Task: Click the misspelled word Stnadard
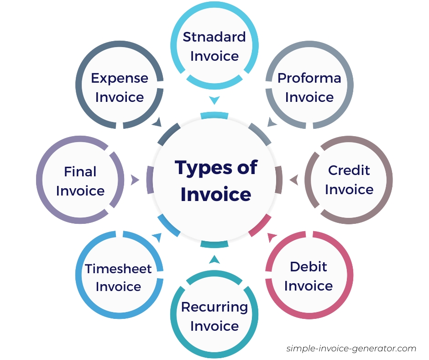click(214, 37)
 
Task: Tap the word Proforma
click(309, 78)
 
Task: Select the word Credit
click(349, 170)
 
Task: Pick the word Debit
click(309, 267)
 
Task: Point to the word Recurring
click(214, 307)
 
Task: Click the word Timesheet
click(118, 269)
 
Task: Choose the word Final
click(80, 172)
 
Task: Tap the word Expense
click(120, 78)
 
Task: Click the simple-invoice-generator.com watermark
click(351, 349)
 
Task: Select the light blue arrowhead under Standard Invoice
click(214, 100)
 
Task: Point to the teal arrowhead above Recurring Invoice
click(214, 260)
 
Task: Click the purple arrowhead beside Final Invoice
click(135, 180)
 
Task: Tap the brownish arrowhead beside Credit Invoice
click(294, 180)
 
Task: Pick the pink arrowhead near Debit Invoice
click(272, 237)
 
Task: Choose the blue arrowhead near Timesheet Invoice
click(157, 237)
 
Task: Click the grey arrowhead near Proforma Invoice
click(272, 122)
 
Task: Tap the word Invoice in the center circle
click(216, 194)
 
